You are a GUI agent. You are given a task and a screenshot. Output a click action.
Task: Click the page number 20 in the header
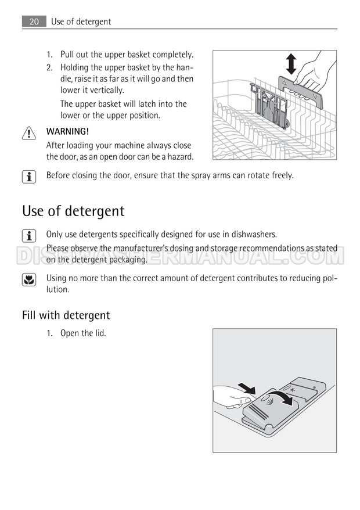[x=34, y=21]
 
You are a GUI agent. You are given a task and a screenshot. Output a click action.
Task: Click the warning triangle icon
[x=29, y=134]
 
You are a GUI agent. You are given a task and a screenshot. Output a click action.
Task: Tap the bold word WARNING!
[x=67, y=131]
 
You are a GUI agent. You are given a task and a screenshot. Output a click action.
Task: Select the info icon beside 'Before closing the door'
[x=29, y=177]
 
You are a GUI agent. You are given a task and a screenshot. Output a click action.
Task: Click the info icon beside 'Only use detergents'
[x=29, y=236]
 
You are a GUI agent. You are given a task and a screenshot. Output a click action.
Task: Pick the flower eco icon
[x=29, y=280]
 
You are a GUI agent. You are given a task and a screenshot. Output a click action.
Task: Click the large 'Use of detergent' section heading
[x=73, y=211]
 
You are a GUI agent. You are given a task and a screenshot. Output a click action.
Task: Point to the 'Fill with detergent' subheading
[x=66, y=315]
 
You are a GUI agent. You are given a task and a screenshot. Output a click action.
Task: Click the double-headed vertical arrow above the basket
[x=291, y=64]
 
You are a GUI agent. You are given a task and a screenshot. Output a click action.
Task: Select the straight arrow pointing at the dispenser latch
[x=247, y=389]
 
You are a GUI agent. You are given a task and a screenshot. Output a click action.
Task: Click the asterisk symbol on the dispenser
[x=293, y=390]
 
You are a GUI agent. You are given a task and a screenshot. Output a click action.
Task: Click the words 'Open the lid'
[x=82, y=333]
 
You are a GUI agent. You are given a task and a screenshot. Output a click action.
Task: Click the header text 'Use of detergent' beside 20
[x=81, y=21]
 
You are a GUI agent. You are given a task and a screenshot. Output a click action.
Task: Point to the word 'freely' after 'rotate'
[x=282, y=175]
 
